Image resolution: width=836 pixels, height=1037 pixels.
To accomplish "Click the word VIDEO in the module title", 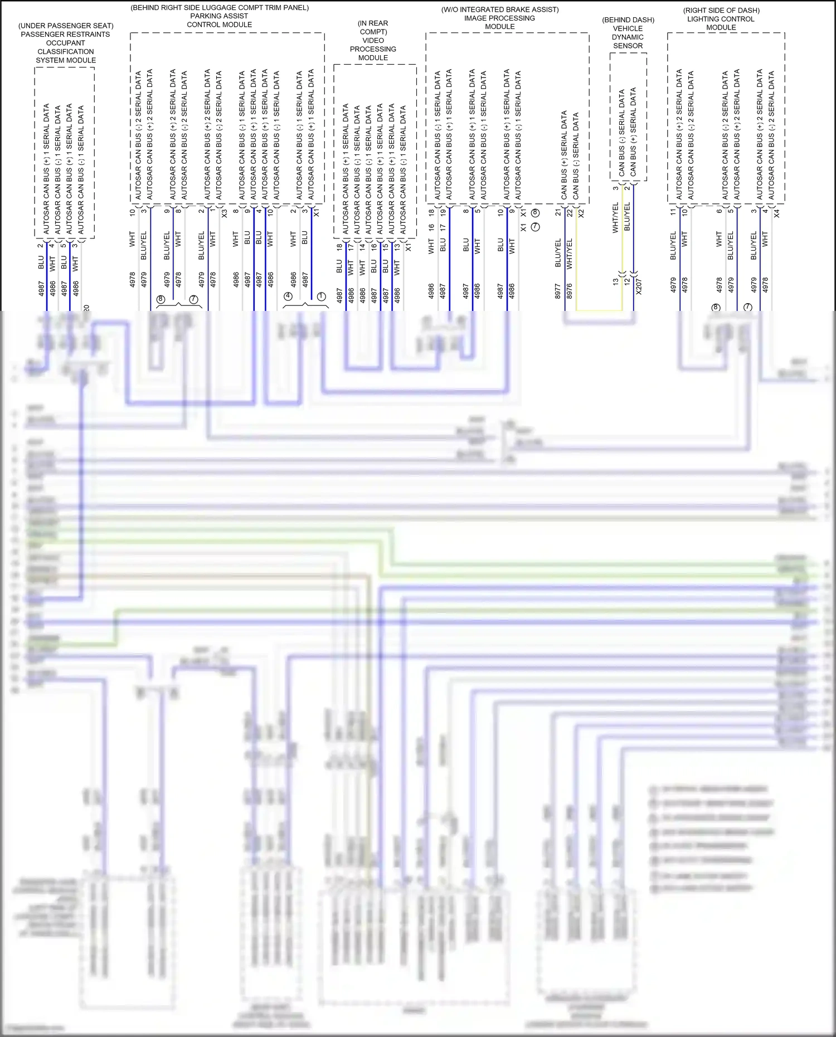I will point(373,41).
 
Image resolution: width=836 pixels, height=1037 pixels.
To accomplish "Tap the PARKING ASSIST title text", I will point(219,16).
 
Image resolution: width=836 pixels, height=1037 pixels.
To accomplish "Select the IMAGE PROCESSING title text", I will point(499,18).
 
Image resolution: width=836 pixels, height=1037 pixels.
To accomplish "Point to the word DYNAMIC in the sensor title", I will point(628,37).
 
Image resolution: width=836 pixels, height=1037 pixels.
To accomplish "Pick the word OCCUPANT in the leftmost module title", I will point(66,43).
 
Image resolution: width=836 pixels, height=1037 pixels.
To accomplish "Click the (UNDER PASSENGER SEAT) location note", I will point(66,26).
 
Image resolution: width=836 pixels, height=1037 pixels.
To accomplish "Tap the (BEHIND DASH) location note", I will point(628,20).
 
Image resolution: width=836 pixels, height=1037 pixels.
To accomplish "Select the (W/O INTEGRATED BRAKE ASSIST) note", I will point(500,9).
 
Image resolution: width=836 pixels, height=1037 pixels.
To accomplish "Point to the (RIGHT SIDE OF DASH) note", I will point(721,11).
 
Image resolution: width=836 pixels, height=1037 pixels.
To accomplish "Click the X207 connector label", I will point(639,286).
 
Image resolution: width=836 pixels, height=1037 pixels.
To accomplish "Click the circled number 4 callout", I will point(288,296).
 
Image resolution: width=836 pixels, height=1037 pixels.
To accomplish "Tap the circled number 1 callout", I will point(321,296).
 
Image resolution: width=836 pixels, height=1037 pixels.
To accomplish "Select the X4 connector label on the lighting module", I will point(777,213).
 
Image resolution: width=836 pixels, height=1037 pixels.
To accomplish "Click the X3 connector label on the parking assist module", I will point(224,213).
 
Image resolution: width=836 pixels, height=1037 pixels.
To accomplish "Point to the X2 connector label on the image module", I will point(581,213).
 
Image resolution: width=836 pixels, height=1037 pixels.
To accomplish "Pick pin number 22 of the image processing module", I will point(570,213).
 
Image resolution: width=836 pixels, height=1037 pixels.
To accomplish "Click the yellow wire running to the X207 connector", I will point(599,310).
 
